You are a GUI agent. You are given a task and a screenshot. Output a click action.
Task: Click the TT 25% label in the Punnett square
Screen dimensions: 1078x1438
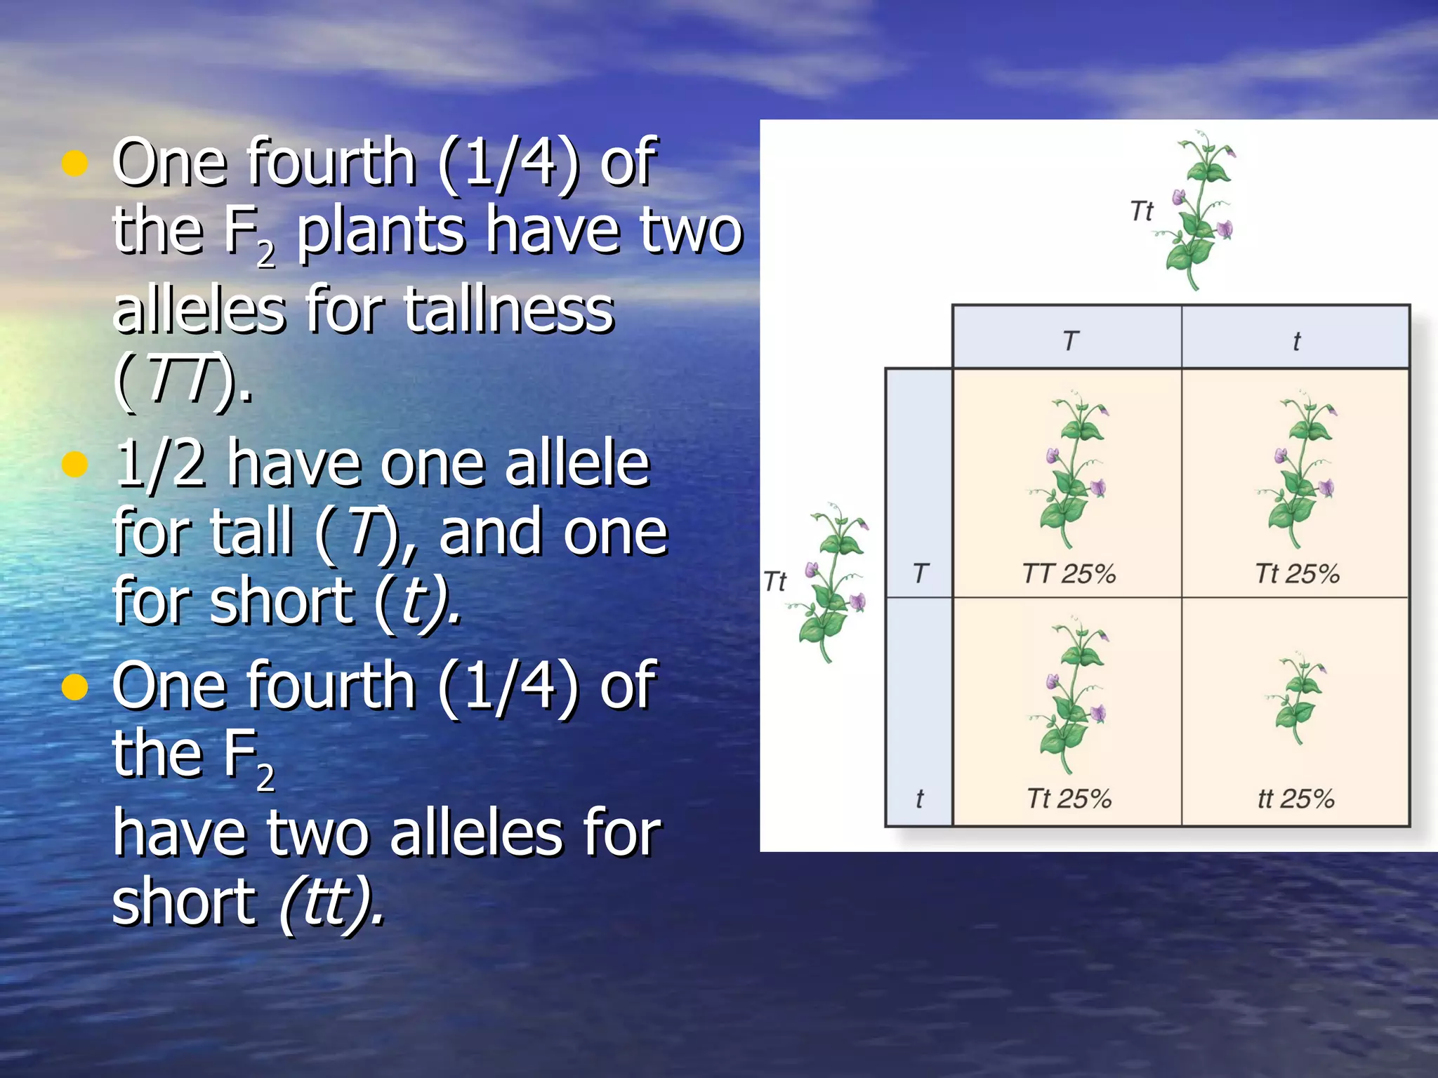pos(1069,574)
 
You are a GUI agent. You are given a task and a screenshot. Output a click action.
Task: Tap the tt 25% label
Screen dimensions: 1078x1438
pos(1295,799)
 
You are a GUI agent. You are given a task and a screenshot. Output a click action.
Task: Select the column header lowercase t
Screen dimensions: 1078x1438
pos(1296,342)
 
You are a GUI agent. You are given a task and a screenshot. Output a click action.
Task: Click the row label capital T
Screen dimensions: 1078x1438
pos(921,574)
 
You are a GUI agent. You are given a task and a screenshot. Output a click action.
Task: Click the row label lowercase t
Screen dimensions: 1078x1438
pos(920,799)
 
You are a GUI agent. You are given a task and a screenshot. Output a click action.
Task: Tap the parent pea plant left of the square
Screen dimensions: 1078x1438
pos(832,583)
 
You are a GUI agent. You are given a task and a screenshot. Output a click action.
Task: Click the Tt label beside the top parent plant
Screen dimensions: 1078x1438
pos(1142,211)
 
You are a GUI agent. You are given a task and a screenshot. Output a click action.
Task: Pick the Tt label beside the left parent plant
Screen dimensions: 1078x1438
pos(775,582)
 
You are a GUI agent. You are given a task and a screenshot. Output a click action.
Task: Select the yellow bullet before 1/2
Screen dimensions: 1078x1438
pos(74,464)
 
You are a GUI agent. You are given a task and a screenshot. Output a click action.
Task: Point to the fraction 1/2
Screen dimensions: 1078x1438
pos(160,464)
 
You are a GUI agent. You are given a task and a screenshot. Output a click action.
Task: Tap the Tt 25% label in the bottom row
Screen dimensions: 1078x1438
pos(1069,799)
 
